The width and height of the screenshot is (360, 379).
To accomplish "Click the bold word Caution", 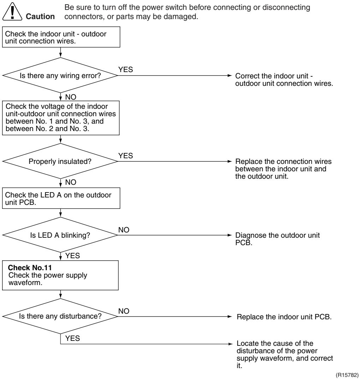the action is click(40, 17).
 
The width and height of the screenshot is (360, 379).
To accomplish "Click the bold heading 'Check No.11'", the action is click(30, 268).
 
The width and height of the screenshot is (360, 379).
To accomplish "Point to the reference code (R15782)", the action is click(347, 375).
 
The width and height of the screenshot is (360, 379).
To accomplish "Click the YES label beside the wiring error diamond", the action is click(126, 69).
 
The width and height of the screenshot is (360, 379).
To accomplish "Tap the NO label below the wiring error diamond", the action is click(71, 97).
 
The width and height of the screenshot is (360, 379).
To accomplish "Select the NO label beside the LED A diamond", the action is click(124, 230).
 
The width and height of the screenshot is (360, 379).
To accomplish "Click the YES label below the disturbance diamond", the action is click(72, 338).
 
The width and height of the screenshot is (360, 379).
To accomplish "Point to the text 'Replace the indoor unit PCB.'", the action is click(284, 316).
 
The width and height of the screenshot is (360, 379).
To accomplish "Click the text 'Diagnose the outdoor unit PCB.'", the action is click(277, 239).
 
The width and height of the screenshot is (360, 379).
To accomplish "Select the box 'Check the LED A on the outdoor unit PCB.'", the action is click(61, 198).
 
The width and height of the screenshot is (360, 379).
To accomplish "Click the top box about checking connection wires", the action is click(61, 37).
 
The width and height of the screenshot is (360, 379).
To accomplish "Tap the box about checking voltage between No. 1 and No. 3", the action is click(61, 118).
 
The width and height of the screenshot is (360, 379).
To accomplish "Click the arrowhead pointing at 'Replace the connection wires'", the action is click(230, 161).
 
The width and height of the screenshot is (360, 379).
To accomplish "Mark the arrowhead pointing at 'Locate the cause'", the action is click(230, 344).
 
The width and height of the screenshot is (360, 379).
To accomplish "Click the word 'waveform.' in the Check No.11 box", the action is click(25, 283).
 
